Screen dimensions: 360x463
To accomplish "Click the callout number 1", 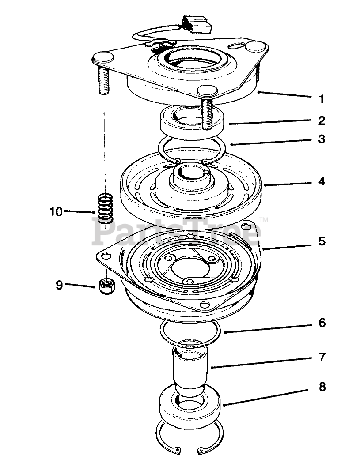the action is point(322,99).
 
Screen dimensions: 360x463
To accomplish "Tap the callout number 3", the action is point(322,139).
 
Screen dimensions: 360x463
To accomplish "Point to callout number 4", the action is point(322,181).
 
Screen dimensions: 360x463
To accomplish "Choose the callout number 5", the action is point(322,241).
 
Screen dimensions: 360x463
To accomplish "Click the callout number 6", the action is point(322,323).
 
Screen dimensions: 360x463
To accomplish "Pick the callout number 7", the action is point(322,357).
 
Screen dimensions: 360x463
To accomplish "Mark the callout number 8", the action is point(322,387).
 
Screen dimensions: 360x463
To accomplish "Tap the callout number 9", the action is point(59,285).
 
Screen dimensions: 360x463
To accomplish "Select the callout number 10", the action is point(56,211).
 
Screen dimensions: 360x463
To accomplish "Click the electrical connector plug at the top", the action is point(197,25).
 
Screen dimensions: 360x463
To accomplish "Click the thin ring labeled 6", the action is point(190,332).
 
